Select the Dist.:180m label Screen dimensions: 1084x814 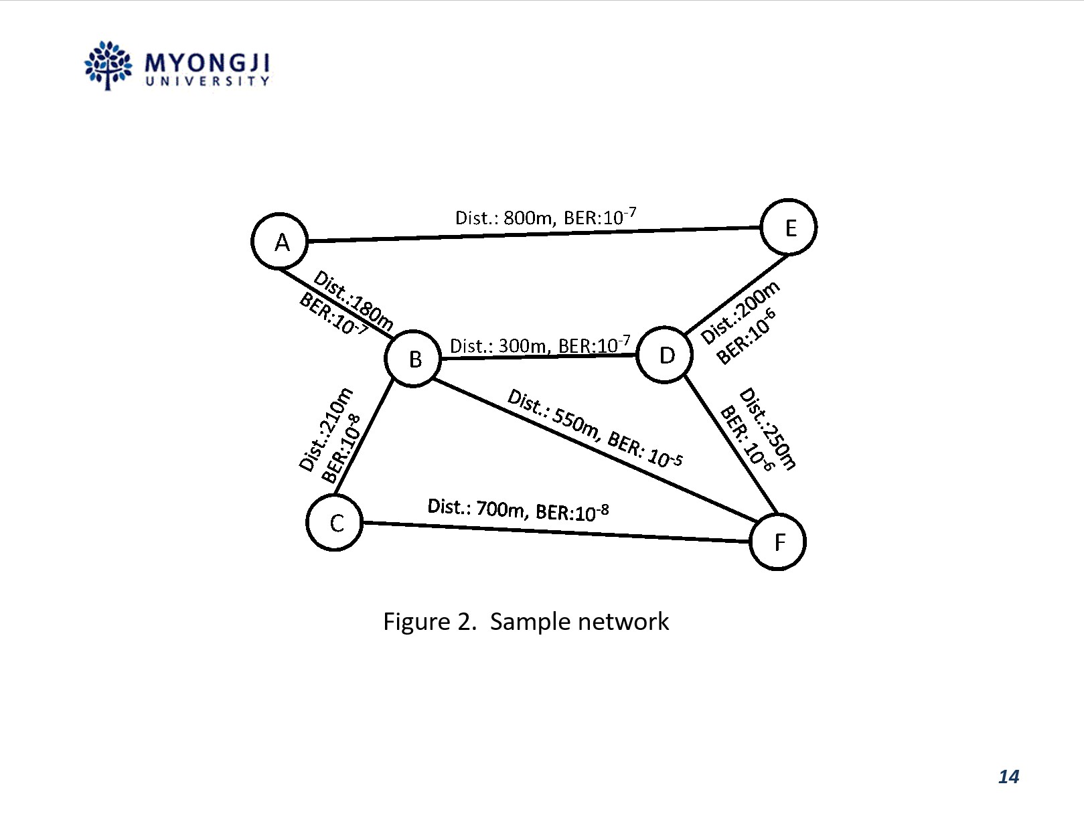[x=354, y=301]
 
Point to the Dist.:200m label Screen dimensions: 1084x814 [x=740, y=312]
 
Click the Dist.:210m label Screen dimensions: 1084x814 [x=326, y=430]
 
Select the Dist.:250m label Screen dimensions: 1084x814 [x=768, y=429]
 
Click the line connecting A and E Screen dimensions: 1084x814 [x=534, y=234]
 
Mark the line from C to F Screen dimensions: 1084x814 [x=556, y=532]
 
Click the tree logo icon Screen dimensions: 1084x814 [x=108, y=65]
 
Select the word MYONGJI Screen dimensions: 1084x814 [x=207, y=63]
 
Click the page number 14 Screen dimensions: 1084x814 [x=1008, y=777]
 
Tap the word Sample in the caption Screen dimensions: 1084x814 [x=530, y=622]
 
